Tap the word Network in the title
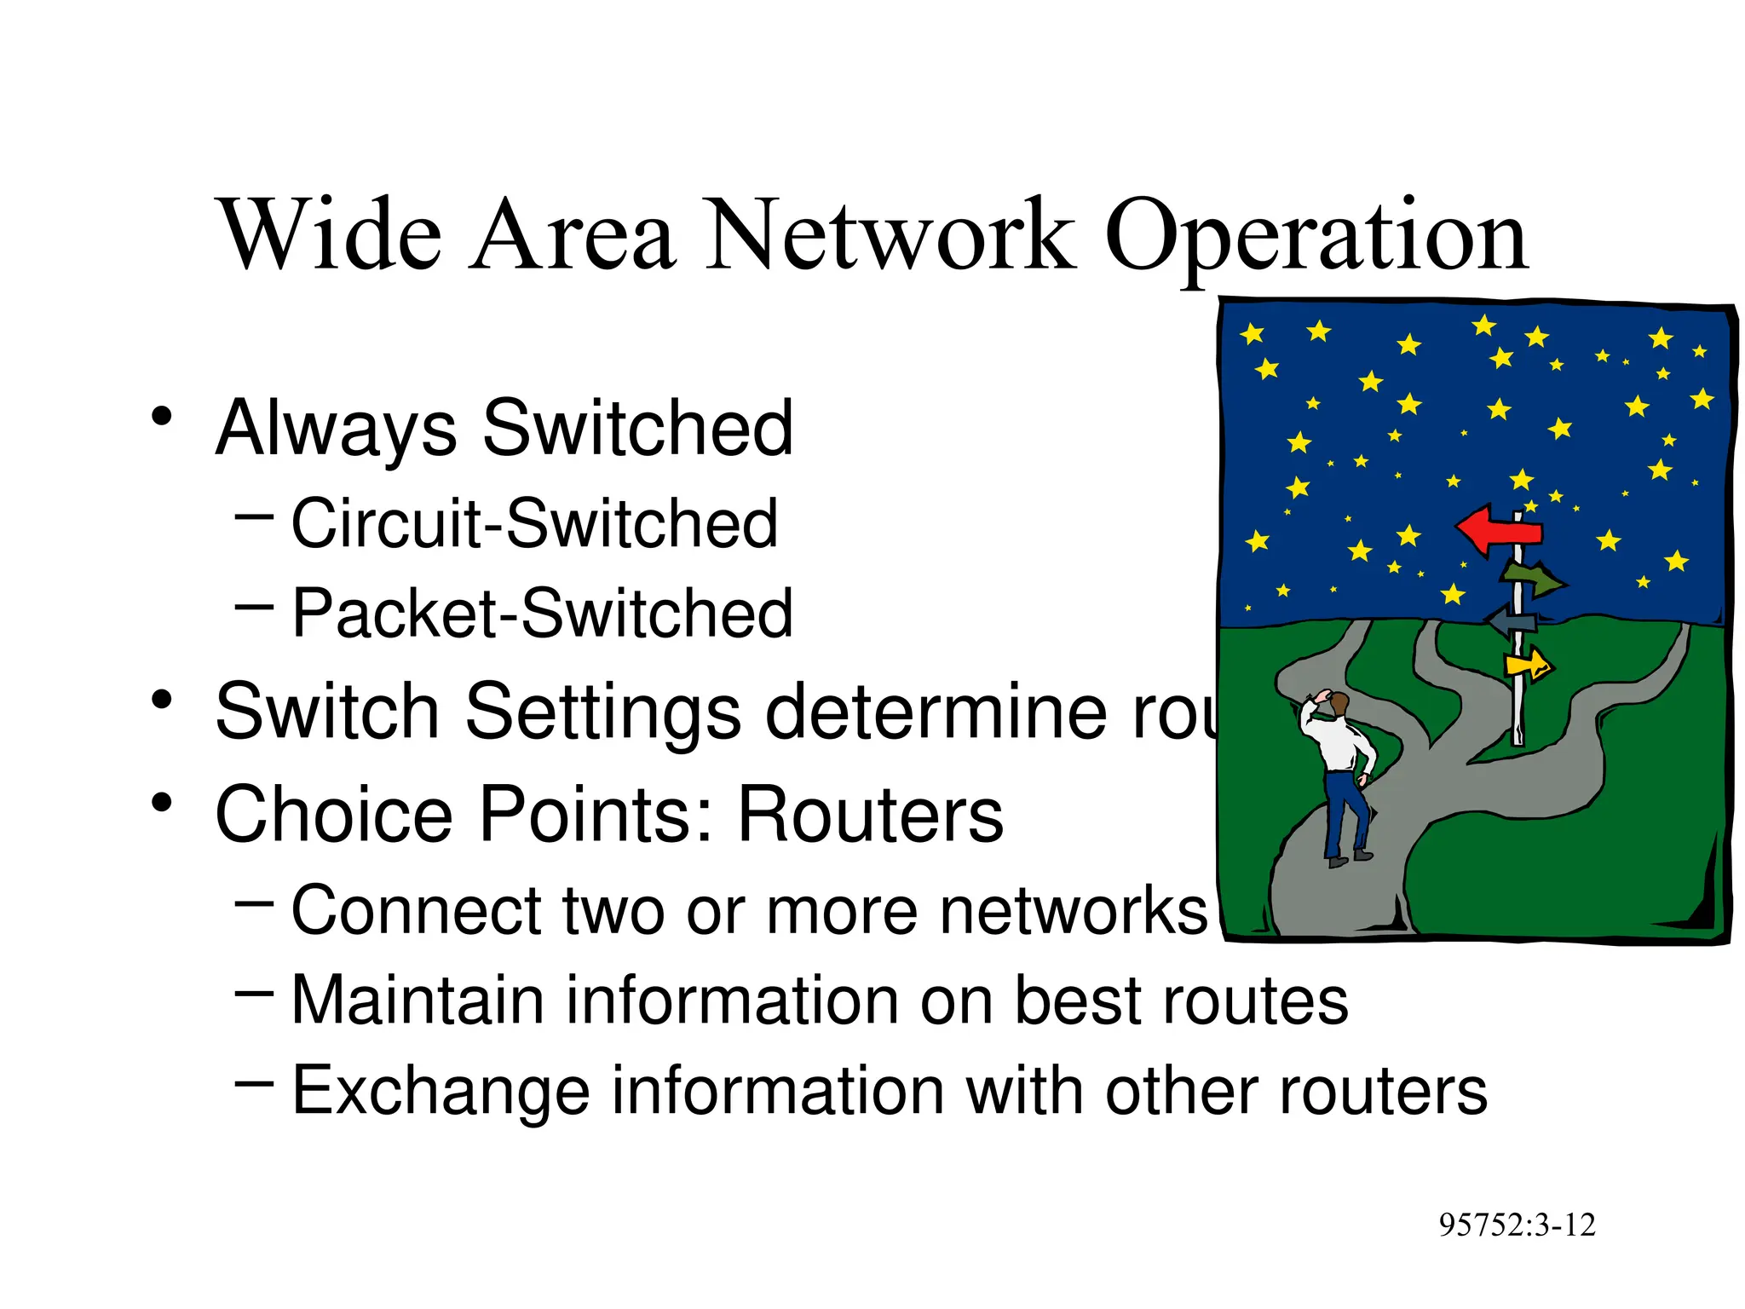point(890,234)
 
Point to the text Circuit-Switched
point(534,523)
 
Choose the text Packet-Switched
point(542,614)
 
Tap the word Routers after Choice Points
point(870,816)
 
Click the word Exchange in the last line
point(441,1092)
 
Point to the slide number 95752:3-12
point(1517,1225)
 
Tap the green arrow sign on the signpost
point(1534,579)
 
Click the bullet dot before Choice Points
point(162,803)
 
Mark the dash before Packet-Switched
point(254,607)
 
